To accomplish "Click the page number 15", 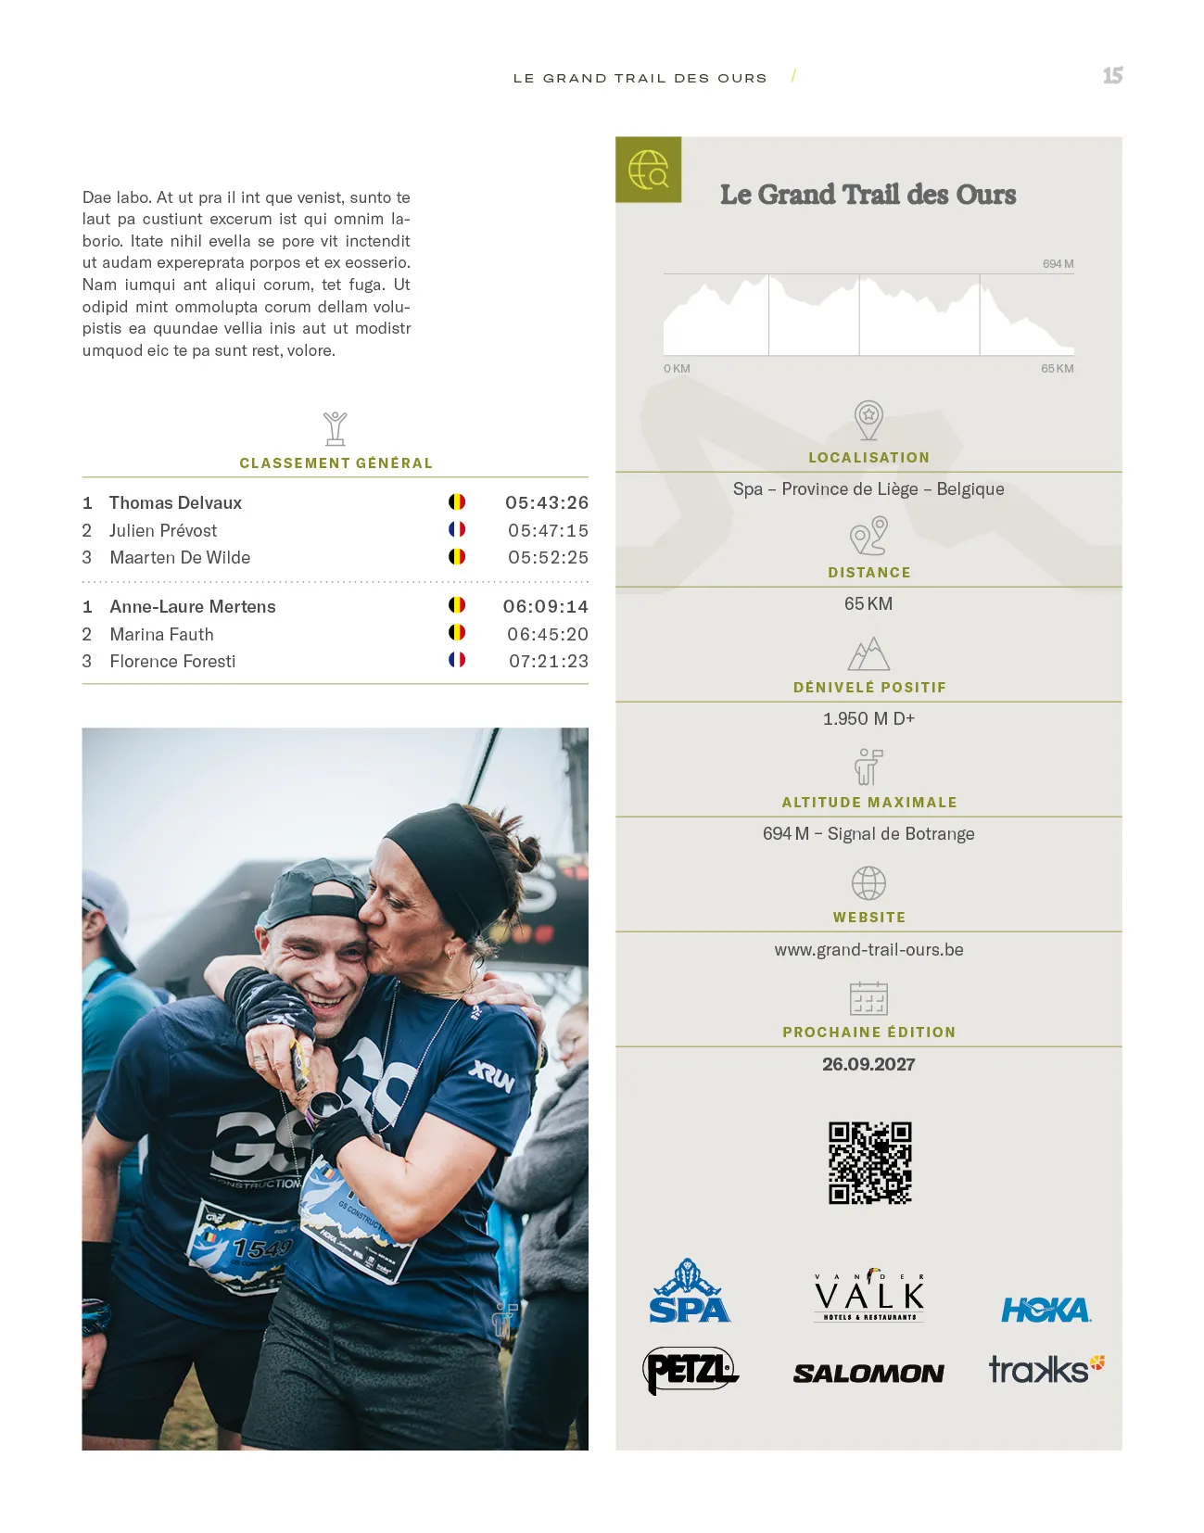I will point(1112,76).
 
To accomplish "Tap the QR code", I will point(869,1162).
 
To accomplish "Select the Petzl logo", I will point(690,1370).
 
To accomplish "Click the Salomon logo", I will point(868,1373).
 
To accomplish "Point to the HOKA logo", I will point(1046,1310).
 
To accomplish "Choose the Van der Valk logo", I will point(868,1295).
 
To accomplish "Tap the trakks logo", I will point(1046,1369).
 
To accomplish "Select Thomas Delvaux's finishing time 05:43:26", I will point(547,502).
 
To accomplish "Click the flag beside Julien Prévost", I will point(457,529).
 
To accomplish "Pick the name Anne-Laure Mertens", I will point(193,606).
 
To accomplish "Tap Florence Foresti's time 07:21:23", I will point(549,661).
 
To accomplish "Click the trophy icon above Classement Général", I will point(336,428).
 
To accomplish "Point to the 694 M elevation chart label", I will point(1058,264).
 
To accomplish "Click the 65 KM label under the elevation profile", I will point(1057,369).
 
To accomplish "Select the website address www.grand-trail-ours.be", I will point(868,949).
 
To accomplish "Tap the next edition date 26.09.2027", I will point(868,1064).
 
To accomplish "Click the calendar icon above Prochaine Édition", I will point(868,998).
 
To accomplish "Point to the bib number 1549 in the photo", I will point(262,1248).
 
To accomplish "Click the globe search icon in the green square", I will point(649,170).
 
